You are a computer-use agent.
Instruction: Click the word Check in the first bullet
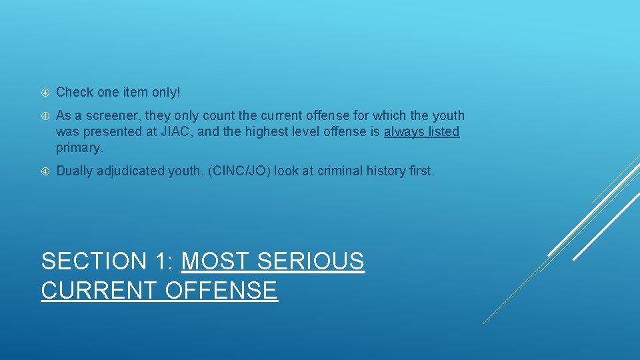coord(75,91)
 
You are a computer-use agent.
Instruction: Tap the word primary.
coord(79,147)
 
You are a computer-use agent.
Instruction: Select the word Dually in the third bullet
coord(75,171)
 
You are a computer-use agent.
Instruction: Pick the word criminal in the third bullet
coord(341,171)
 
